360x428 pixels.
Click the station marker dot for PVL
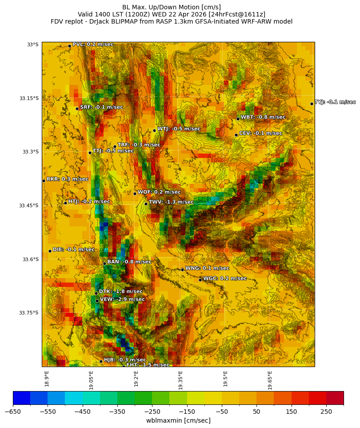[69, 46]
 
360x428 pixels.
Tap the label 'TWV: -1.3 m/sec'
[171, 202]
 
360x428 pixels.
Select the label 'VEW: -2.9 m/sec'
[122, 299]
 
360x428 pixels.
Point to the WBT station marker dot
[238, 119]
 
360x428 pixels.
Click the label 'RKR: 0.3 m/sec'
[67, 179]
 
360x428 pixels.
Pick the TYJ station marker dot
[312, 104]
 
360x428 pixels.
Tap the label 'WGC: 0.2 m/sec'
[224, 279]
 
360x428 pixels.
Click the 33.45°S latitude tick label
[28, 206]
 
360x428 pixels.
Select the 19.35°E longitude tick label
[180, 378]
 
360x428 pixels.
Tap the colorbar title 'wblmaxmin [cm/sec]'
[178, 420]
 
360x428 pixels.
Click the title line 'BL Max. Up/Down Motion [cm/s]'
[172, 7]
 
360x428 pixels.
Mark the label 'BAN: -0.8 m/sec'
[129, 262]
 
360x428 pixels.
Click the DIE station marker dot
[50, 251]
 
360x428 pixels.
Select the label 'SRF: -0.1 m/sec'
[101, 107]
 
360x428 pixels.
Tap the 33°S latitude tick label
[32, 44]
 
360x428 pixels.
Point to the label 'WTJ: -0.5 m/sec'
[179, 129]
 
